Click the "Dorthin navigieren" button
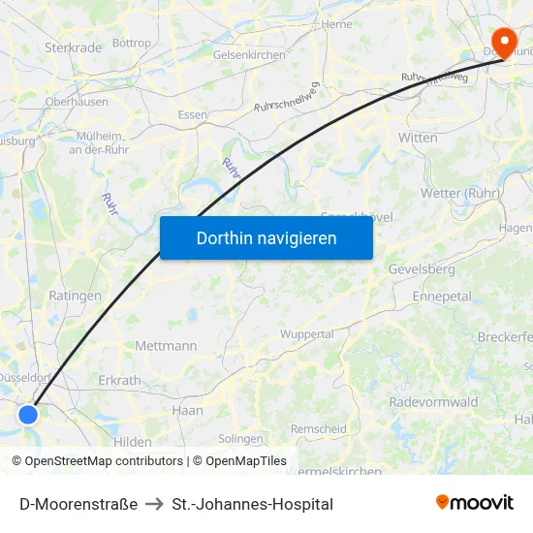266,237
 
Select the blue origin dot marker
28,414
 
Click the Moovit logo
475,503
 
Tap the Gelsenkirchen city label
249,55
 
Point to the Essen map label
193,114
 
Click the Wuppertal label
306,334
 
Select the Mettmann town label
166,346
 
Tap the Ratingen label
75,296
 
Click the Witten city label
418,138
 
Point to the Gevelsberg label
421,268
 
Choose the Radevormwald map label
433,402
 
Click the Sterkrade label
73,47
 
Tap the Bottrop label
132,43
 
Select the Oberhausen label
77,101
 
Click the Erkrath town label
119,381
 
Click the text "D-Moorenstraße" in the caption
78,504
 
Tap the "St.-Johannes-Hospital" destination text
252,504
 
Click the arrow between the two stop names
155,504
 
